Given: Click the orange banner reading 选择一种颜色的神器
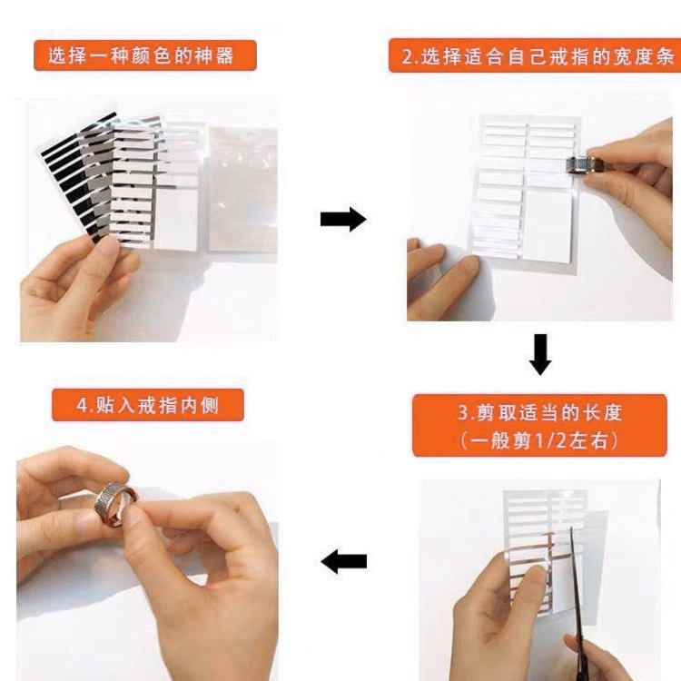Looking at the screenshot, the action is (x=145, y=55).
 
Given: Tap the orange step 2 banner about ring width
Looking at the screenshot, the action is (x=535, y=55).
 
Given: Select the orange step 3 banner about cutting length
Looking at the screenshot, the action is (x=539, y=426).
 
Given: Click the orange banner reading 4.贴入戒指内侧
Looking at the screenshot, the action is (x=148, y=405).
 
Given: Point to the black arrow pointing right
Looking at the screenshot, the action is (x=343, y=220).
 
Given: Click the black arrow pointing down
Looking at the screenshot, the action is (x=540, y=354).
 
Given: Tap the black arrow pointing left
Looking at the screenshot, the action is (x=343, y=561).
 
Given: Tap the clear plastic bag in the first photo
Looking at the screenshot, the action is (x=242, y=189).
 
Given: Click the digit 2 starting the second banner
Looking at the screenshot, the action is (x=407, y=57).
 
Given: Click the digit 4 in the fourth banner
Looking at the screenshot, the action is (x=82, y=406).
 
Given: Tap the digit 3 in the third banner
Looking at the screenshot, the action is (x=463, y=412).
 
